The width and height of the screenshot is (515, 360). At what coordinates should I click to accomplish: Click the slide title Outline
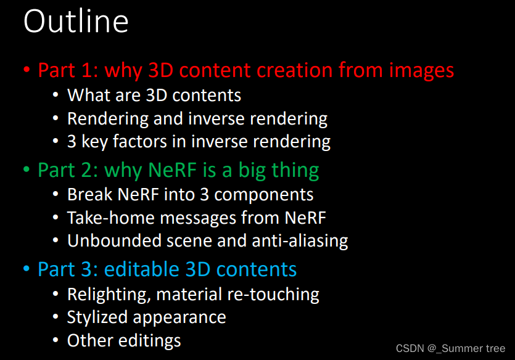76,22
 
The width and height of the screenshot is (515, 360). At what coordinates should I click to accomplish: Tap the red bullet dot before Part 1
27,70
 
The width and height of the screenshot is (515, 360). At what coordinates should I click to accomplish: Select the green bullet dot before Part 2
27,170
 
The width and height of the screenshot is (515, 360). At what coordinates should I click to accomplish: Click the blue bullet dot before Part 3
27,269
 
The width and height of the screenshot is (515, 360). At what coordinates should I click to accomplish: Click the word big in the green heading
252,171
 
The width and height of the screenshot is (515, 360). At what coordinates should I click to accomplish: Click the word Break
90,194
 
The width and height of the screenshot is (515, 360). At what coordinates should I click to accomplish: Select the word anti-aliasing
300,241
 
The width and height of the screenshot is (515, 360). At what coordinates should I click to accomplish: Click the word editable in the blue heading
142,269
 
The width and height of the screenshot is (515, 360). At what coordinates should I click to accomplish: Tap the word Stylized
97,317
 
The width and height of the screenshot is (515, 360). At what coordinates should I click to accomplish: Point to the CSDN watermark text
450,348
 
